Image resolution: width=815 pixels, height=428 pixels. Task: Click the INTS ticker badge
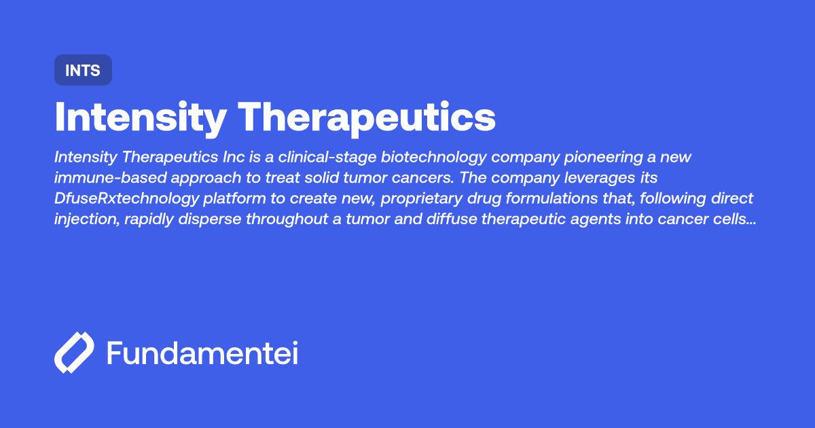83,70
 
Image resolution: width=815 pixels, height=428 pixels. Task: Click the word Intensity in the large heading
140,118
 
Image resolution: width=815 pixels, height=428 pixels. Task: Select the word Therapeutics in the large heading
369,118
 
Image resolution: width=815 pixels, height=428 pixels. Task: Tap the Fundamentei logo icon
74,353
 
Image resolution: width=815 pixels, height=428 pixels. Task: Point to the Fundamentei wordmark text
202,353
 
